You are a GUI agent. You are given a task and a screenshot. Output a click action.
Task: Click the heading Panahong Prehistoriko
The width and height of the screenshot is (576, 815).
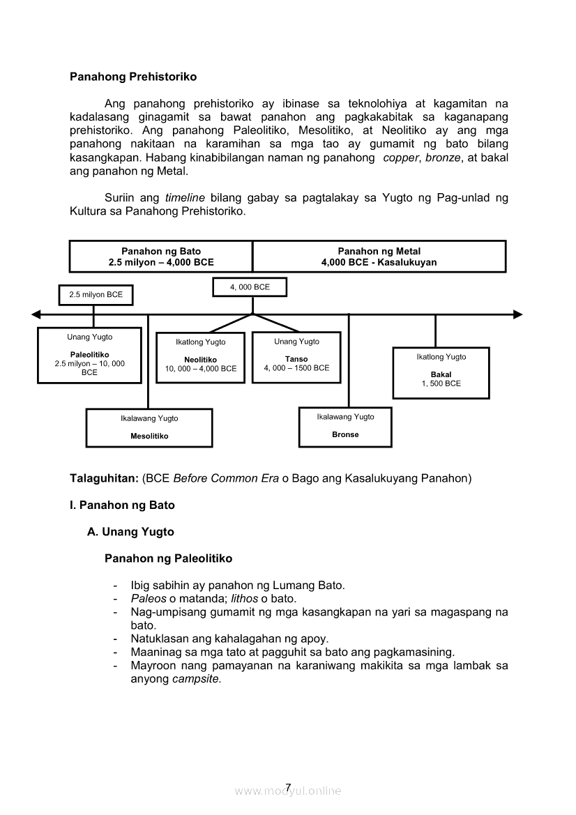pyautogui.click(x=133, y=77)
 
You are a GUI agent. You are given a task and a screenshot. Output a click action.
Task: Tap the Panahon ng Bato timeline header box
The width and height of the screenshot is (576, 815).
pyautogui.click(x=161, y=257)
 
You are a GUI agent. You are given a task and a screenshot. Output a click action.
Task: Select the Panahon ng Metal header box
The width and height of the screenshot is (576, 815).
pyautogui.click(x=379, y=257)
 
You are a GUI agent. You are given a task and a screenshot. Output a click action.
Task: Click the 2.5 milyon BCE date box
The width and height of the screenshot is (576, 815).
pyautogui.click(x=96, y=295)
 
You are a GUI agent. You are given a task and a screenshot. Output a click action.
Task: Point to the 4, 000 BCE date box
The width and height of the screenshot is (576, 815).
pyautogui.click(x=250, y=287)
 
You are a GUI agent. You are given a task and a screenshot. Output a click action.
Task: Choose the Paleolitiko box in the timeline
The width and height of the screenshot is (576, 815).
pyautogui.click(x=89, y=356)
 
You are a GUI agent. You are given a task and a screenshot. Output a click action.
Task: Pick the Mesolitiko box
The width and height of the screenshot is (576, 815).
pyautogui.click(x=149, y=427)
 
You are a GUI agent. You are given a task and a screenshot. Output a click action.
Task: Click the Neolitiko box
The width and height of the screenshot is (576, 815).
pyautogui.click(x=200, y=357)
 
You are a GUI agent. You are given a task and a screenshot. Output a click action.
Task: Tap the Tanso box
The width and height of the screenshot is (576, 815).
pyautogui.click(x=296, y=357)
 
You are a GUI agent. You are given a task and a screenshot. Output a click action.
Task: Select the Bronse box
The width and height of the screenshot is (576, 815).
pyautogui.click(x=345, y=427)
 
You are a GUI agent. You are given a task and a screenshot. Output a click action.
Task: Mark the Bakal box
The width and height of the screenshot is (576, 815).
pyautogui.click(x=441, y=372)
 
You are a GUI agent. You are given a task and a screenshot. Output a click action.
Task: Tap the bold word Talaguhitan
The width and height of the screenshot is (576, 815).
pyautogui.click(x=104, y=479)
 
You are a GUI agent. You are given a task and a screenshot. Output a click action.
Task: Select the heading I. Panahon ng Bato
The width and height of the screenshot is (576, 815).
pyautogui.click(x=122, y=505)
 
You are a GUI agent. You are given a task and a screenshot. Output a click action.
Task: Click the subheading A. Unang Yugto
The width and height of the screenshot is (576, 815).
pyautogui.click(x=130, y=532)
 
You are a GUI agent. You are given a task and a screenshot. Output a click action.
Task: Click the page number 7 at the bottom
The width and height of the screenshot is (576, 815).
pyautogui.click(x=288, y=789)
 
